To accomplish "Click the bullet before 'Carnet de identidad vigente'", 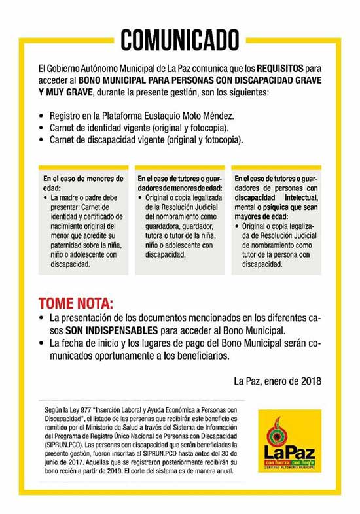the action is tap(43, 128).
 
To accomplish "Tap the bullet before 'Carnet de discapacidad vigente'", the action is tap(43, 140).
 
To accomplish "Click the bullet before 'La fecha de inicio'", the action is tap(43, 344).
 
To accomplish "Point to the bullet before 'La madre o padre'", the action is tap(46, 196).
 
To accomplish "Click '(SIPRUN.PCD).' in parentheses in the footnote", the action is tap(63, 445).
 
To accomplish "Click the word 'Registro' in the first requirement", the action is tap(69, 116).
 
